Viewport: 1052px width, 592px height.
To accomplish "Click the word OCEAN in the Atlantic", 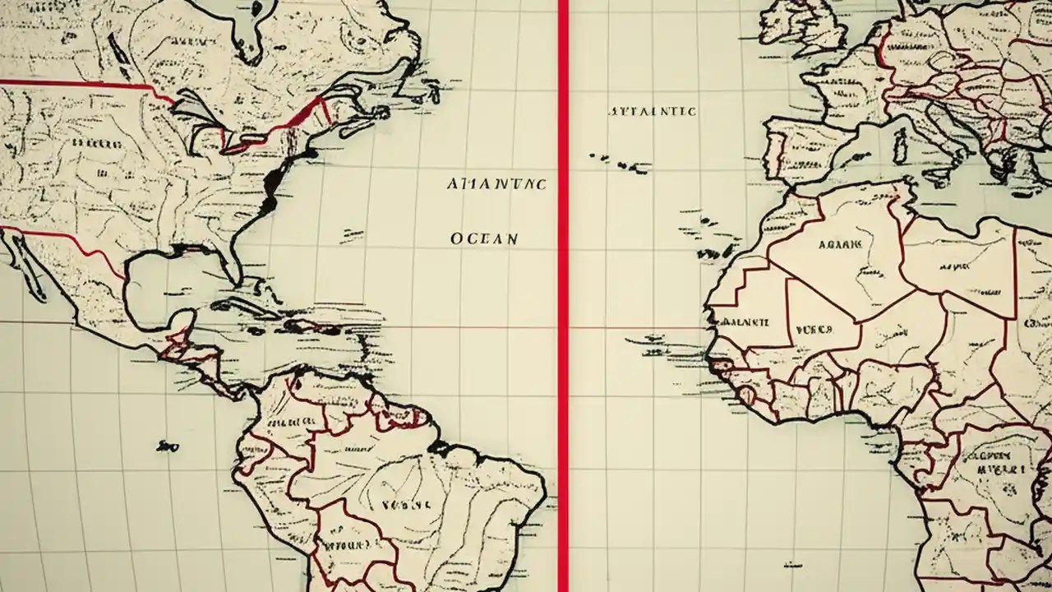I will point(485,239).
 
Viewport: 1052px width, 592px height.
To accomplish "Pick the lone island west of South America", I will point(168,446).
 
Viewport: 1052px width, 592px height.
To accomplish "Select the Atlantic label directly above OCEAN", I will point(496,184).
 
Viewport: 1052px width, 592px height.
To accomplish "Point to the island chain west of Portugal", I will point(621,162).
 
